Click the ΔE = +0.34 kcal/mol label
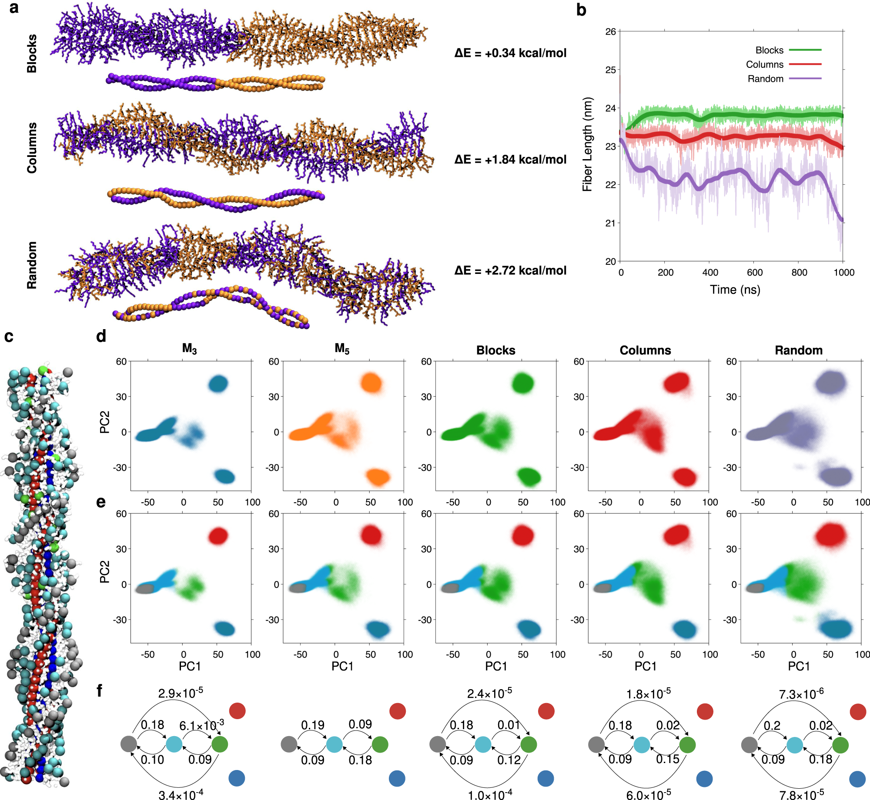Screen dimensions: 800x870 coord(510,53)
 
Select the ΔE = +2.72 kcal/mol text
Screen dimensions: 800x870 coord(510,270)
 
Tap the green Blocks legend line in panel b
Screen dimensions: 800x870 coord(805,50)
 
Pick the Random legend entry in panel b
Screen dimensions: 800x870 coord(765,79)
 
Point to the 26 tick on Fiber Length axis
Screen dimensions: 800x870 coord(610,31)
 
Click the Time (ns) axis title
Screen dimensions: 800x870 coord(735,290)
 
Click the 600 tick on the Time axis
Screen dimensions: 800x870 coord(754,273)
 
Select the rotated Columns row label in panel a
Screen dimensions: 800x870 coord(31,148)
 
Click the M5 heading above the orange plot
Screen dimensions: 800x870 coord(342,349)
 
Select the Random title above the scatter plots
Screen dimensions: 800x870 coord(799,350)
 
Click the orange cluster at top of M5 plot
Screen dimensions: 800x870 coord(371,383)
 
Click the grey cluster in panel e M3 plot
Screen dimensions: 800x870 coord(145,589)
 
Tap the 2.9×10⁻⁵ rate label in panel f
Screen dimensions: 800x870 coord(180,693)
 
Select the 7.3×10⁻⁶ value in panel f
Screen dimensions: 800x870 coord(801,694)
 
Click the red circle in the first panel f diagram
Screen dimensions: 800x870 coord(237,710)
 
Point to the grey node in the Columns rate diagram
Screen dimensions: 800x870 coord(596,745)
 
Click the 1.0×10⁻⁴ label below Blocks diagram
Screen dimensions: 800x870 coord(489,795)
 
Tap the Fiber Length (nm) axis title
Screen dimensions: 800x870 coord(587,144)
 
